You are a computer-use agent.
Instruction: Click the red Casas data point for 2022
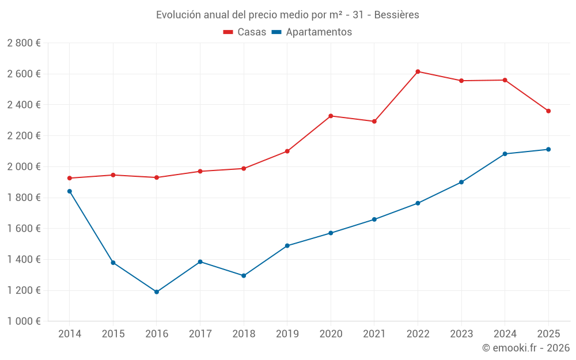418,71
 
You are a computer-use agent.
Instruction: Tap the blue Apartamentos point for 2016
157,292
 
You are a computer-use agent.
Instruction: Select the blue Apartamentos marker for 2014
70,191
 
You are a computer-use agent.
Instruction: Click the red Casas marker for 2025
548,111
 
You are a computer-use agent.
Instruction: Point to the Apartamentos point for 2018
244,276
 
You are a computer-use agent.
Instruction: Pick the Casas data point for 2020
331,116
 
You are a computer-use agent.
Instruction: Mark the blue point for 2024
505,154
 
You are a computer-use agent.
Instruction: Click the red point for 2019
287,151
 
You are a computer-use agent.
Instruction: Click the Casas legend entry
245,32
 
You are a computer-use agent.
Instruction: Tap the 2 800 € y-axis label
24,43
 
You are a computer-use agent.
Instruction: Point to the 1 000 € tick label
24,321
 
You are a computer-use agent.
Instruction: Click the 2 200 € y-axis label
24,136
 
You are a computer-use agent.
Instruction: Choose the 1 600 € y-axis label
24,229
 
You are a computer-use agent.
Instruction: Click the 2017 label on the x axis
200,334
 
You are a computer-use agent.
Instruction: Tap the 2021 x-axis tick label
374,334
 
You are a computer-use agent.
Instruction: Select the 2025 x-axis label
548,334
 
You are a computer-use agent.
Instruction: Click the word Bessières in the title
397,14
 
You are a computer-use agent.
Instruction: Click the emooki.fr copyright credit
526,348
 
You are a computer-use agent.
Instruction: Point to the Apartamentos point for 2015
113,263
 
